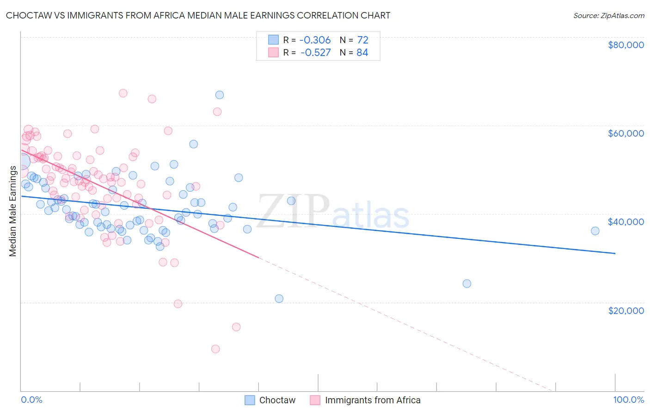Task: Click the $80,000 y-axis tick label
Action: (x=625, y=45)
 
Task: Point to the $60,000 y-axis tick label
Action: (x=625, y=133)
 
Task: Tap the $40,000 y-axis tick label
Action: (x=625, y=222)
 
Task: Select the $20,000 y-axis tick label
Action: (x=625, y=310)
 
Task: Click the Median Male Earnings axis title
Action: (x=12, y=211)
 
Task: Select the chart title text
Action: (x=198, y=15)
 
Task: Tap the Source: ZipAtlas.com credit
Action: (x=608, y=15)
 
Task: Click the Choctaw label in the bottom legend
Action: (x=277, y=400)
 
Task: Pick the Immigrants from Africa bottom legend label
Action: (x=372, y=400)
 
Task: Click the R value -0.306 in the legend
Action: (x=315, y=40)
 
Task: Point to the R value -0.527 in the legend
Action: (x=315, y=52)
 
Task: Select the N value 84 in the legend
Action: (x=362, y=52)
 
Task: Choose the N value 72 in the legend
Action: (x=362, y=40)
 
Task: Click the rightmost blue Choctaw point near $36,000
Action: (x=595, y=231)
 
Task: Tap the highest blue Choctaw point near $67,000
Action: (x=220, y=95)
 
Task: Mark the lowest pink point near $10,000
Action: (x=215, y=349)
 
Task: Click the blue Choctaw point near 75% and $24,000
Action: (x=467, y=284)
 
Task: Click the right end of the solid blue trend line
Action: (x=615, y=253)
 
